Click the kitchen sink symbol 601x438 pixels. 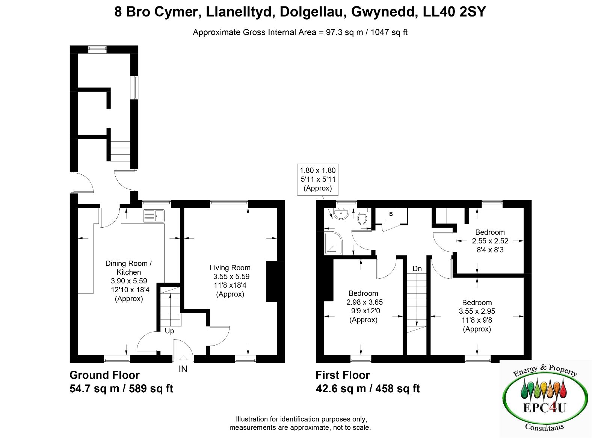point(154,216)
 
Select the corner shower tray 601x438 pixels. point(334,243)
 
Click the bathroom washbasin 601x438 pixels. point(341,214)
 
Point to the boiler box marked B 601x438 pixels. point(391,214)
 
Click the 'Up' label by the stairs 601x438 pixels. point(169,331)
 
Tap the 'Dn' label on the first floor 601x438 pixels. point(417,269)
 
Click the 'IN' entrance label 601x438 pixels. point(183,369)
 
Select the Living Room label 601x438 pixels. point(230,267)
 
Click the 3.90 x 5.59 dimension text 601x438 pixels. point(129,281)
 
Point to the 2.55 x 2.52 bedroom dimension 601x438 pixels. point(490,241)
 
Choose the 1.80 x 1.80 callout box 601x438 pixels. point(318,180)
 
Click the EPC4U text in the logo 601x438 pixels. point(545,408)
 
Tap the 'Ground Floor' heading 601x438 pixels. point(104,375)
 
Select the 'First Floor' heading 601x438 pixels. point(343,375)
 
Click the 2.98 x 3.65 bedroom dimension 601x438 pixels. point(364,302)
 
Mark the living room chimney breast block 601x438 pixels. point(272,281)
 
